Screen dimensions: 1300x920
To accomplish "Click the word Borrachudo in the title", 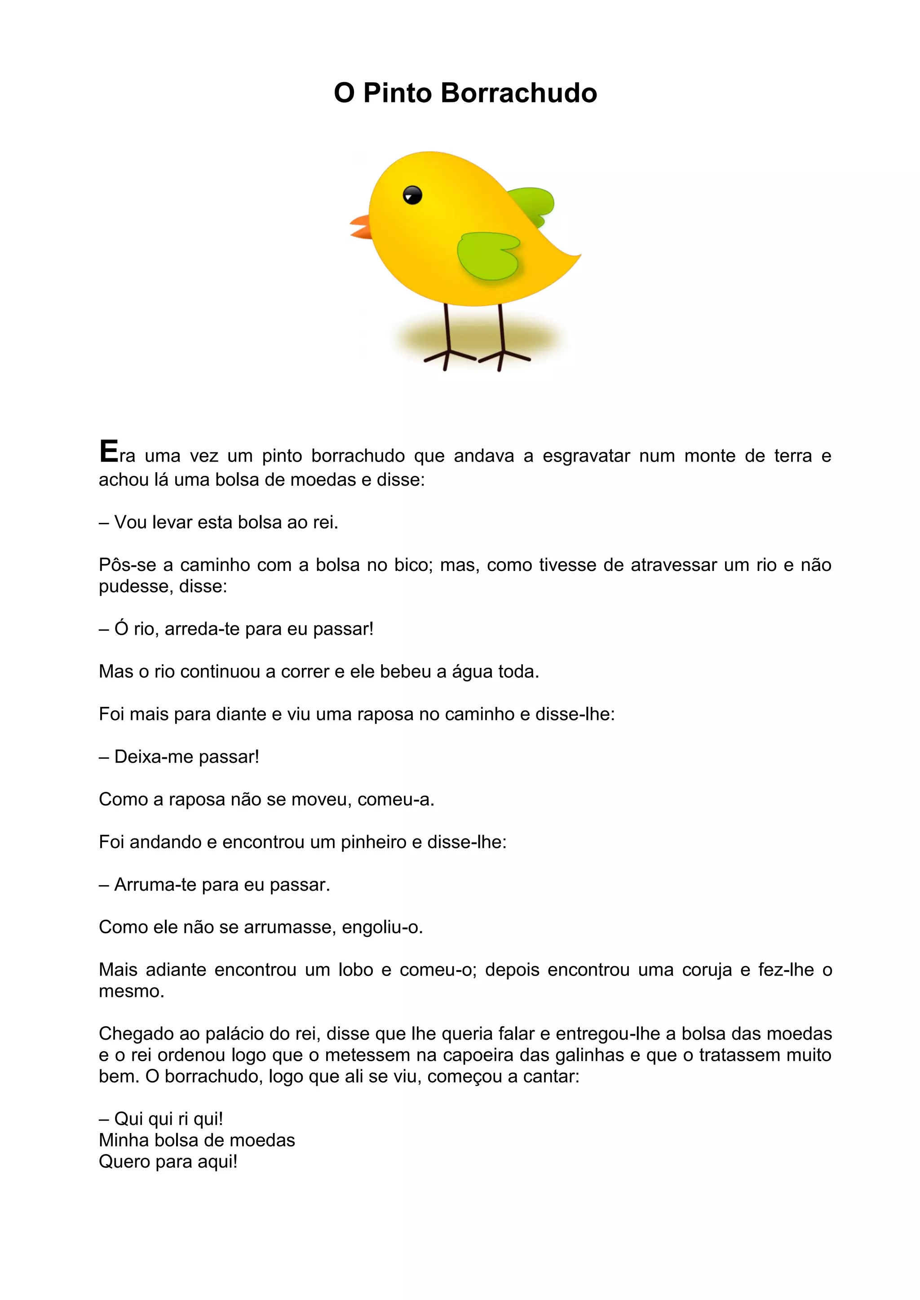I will coord(518,93).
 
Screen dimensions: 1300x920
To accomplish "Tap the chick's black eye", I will coord(412,195).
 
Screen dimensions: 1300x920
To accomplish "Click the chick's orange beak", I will coord(361,227).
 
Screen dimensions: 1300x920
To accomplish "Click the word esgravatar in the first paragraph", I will coord(586,456).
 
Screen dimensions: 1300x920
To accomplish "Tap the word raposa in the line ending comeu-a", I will coord(197,799).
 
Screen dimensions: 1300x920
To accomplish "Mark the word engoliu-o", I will coord(382,927).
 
